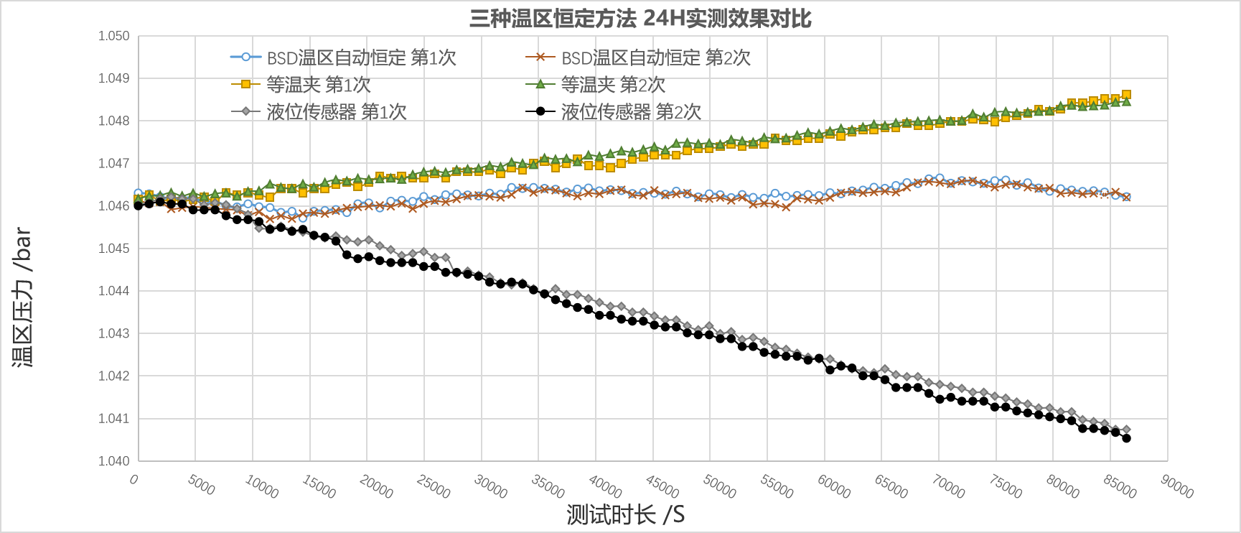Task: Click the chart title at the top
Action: [640, 18]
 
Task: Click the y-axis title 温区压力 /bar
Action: [22, 297]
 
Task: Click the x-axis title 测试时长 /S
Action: [625, 514]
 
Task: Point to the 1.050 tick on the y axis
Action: [114, 36]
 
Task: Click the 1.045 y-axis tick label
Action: [114, 249]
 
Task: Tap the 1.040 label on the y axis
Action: [114, 461]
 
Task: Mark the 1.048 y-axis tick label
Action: [114, 121]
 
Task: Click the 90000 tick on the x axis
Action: [1177, 486]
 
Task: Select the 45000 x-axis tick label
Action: [662, 486]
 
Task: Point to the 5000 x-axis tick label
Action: [201, 484]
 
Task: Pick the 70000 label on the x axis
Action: [948, 486]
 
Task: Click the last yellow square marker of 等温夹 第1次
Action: [1126, 95]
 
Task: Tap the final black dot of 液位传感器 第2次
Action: [1126, 438]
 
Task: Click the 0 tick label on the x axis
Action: [134, 479]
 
